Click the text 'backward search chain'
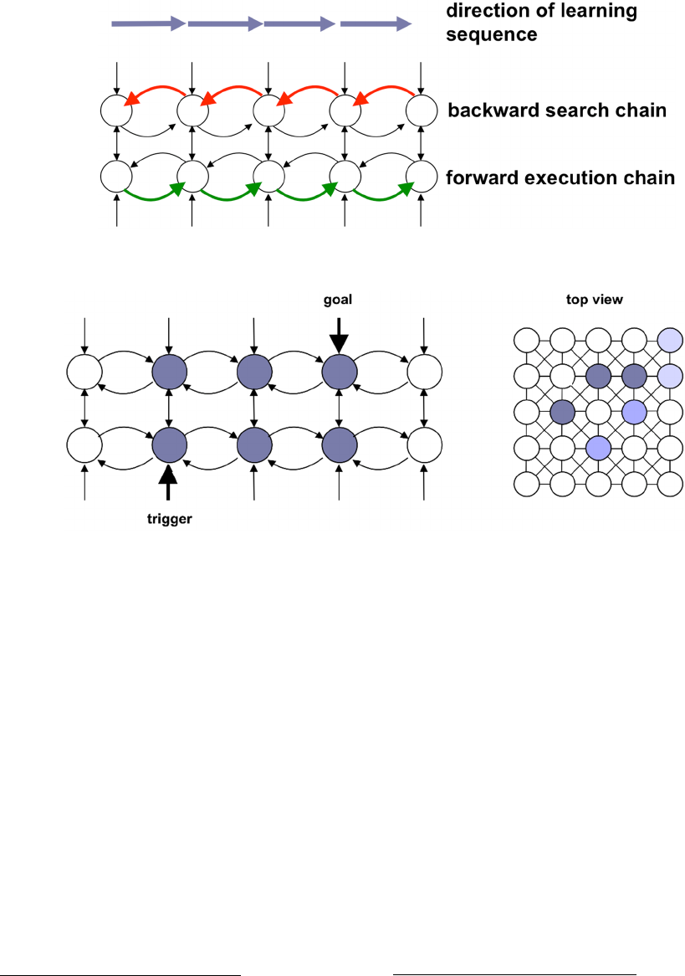click(x=557, y=110)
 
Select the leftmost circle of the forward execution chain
click(x=115, y=177)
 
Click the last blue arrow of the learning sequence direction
click(x=376, y=24)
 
